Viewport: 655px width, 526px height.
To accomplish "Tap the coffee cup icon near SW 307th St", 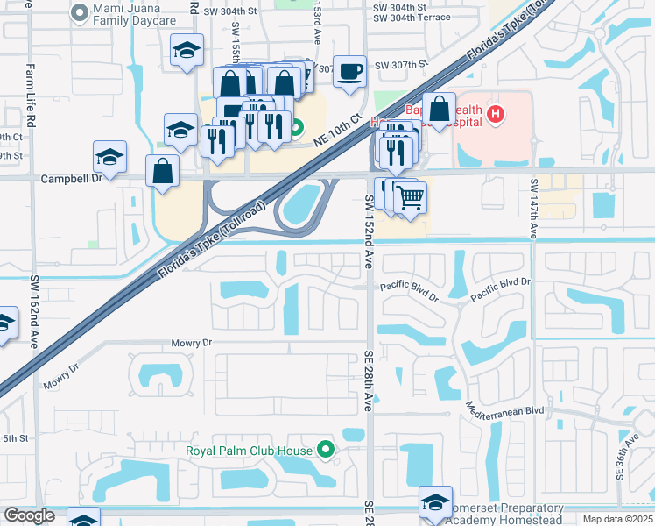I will coord(349,71).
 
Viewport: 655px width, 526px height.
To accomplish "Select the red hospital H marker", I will coord(497,114).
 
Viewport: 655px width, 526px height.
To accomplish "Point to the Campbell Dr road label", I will coord(72,178).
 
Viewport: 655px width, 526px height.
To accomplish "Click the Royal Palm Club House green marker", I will coord(327,451).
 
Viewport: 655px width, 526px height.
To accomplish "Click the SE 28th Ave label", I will coord(369,380).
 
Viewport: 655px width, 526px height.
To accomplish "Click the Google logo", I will coord(29,515).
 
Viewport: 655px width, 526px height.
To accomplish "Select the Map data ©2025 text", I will coord(617,519).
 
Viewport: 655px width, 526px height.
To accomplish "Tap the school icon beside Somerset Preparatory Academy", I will coord(435,501).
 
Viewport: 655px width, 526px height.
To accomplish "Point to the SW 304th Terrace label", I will coord(412,18).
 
